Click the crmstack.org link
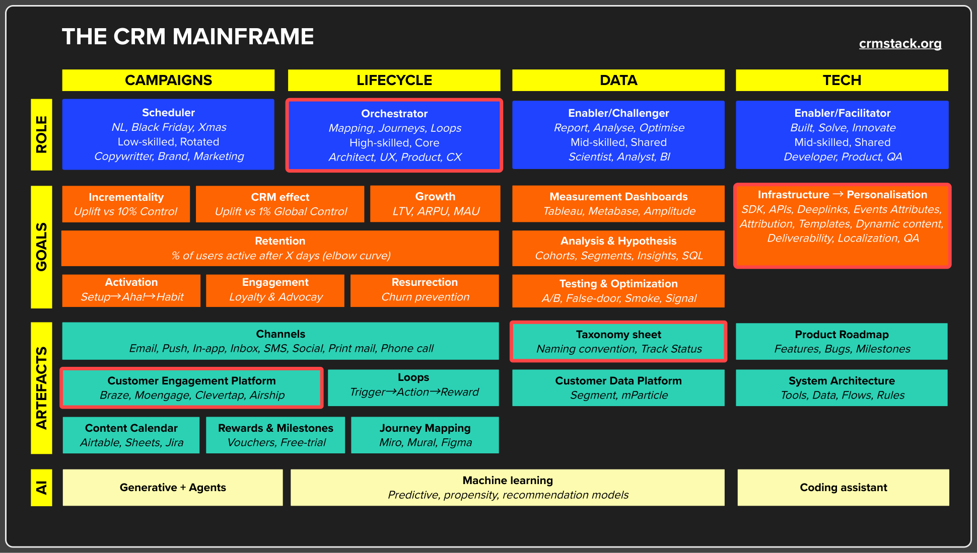900,44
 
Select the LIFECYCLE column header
394,80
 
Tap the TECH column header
842,80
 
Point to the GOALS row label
41,247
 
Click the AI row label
41,488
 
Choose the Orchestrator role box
394,135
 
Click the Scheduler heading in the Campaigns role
168,113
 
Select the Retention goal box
280,248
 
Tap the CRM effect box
280,204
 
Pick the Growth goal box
435,204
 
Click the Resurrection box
425,290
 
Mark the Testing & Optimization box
618,290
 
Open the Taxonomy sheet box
618,342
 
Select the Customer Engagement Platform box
191,388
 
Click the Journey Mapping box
425,435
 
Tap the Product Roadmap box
842,342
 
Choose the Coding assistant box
843,488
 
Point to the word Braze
114,396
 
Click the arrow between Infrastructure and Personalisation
838,195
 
